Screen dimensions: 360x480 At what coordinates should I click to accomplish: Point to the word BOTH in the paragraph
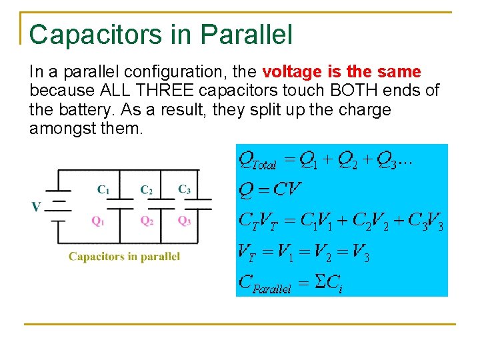[349, 91]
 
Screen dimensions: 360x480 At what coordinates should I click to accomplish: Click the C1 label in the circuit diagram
[103, 189]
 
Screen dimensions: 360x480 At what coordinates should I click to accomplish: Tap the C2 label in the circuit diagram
[146, 189]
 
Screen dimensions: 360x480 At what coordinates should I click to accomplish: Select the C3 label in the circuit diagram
[184, 189]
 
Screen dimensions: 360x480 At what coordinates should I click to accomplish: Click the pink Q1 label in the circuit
[97, 221]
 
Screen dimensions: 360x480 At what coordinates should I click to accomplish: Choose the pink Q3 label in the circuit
[184, 221]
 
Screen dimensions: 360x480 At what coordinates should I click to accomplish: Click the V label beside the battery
[35, 207]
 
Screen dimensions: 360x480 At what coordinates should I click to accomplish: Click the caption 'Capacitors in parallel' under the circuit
[124, 257]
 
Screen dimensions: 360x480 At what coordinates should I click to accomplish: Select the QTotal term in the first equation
[257, 161]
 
